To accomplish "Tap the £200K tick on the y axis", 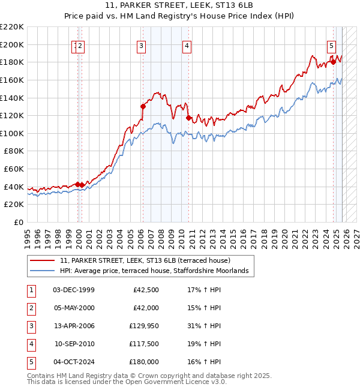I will click(12, 44).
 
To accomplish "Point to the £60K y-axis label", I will click(14, 169).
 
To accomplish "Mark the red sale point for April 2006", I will click(143, 107).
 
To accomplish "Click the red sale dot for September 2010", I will click(188, 118).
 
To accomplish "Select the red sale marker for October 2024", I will click(333, 62).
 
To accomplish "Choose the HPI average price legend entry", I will click(157, 271).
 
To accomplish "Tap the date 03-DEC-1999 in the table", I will click(74, 290).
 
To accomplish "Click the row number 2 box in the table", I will click(31, 308).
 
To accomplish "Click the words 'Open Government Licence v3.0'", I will click(175, 382).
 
